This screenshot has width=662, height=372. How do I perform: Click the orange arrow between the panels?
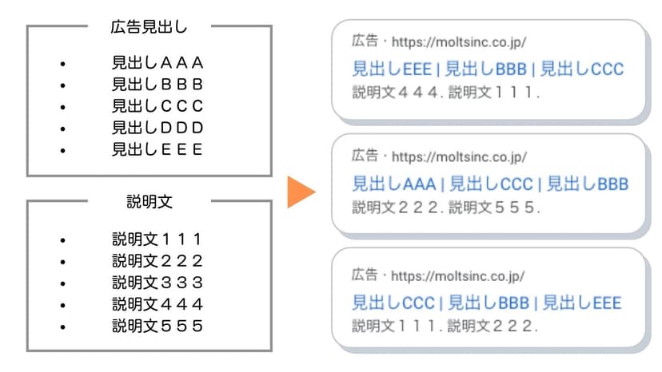point(301,192)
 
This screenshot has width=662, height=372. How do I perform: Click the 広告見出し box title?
point(149,27)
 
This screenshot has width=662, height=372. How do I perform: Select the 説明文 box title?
point(150,202)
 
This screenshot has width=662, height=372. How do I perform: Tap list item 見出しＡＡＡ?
point(158,63)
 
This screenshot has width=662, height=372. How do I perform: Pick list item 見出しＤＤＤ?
point(158,128)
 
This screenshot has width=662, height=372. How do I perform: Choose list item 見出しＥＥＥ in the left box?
point(158,149)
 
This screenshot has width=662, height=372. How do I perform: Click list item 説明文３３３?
point(158,283)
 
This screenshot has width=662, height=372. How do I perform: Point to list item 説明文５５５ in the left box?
point(158,326)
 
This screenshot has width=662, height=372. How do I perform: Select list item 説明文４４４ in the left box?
point(158,304)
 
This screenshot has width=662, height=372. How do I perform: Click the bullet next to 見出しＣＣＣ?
point(63,107)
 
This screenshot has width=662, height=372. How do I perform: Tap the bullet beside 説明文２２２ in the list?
point(63,262)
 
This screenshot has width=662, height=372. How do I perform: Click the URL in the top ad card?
point(459,42)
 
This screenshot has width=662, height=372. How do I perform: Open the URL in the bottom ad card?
point(457,276)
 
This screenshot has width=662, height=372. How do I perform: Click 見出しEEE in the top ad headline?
point(392,69)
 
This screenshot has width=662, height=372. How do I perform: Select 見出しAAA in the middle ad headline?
point(393,184)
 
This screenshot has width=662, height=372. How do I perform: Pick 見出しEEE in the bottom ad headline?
point(582,303)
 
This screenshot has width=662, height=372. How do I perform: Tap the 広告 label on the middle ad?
point(365,155)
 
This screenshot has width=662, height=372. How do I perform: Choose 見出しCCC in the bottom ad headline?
point(393,303)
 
